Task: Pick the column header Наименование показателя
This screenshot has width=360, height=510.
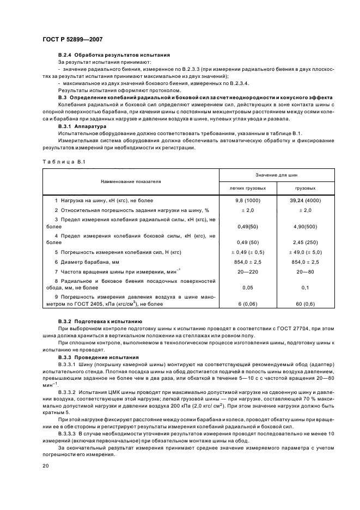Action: (130, 180)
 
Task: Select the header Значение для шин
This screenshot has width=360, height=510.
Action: (277, 174)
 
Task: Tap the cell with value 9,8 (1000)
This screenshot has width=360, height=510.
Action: (248, 201)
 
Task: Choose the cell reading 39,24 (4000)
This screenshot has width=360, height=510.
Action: (306, 201)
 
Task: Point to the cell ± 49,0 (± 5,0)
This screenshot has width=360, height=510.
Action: (306, 252)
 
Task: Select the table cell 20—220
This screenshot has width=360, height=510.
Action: (248, 271)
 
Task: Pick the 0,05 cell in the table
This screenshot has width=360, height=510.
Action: (248, 287)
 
